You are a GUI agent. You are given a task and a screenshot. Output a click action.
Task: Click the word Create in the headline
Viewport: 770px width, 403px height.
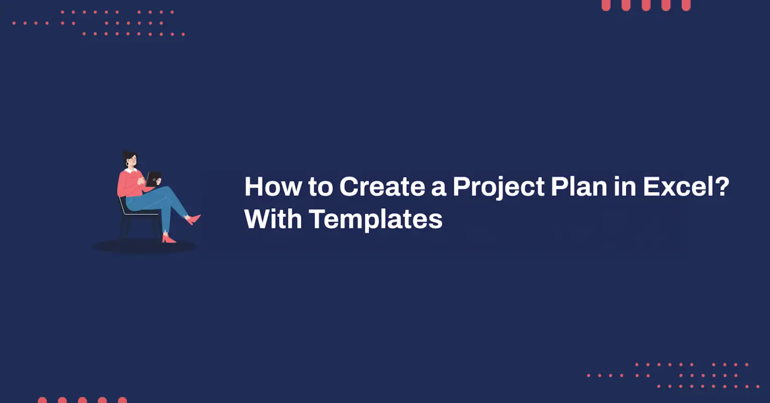[382, 187]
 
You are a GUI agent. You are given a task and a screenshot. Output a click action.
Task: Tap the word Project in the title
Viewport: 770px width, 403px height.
[498, 188]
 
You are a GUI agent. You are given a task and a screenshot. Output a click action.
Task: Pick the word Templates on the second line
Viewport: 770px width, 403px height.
[376, 220]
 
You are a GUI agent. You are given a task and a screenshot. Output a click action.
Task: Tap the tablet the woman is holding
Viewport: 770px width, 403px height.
[153, 179]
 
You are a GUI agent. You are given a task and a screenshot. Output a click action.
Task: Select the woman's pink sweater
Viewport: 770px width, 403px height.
[131, 184]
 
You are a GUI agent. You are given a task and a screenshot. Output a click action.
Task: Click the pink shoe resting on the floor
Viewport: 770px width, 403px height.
[169, 239]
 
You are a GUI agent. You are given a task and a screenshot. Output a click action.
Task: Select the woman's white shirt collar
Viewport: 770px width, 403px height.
[131, 170]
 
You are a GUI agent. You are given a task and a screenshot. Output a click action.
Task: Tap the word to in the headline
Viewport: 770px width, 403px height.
[321, 187]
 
